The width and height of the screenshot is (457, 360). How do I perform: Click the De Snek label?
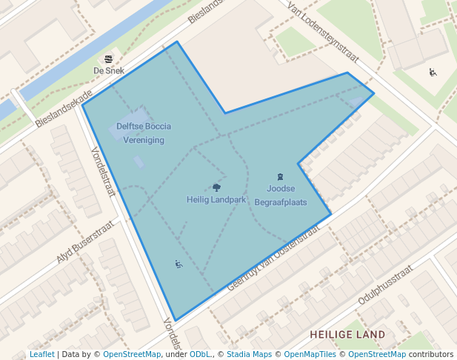coord(109,70)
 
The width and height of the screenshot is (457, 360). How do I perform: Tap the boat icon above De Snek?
coord(109,59)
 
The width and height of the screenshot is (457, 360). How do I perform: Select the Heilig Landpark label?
coord(216,199)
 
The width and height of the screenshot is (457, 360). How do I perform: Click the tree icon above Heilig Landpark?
coord(216,188)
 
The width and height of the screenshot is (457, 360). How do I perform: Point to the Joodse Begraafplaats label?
coord(281,195)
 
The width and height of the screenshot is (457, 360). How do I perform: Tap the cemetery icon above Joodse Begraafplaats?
coord(280,177)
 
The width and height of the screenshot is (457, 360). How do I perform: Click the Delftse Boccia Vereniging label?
coord(144,133)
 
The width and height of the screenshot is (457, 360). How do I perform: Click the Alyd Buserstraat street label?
coord(87,241)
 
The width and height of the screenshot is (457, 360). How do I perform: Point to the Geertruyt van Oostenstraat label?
coord(273,257)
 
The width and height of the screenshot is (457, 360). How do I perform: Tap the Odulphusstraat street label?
coord(384,287)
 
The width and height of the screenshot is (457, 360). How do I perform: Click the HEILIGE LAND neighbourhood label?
coord(347,335)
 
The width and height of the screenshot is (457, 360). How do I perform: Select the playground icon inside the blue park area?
coord(178,263)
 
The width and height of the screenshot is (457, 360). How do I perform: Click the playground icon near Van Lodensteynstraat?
coord(433,72)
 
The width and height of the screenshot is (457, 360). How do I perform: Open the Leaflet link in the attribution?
coord(41,354)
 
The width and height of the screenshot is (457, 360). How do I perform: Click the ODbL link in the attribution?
coord(200,354)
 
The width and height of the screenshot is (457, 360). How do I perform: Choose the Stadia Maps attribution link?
coord(249,354)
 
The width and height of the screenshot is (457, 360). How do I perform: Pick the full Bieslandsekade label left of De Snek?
coord(64,110)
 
